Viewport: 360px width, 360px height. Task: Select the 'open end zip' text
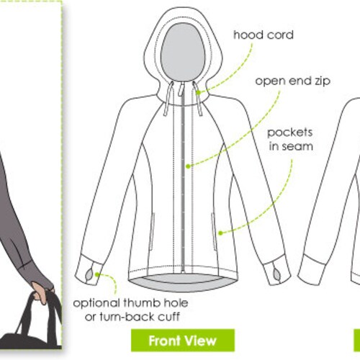coord(292,81)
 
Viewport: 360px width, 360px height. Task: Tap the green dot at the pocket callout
coord(222,232)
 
